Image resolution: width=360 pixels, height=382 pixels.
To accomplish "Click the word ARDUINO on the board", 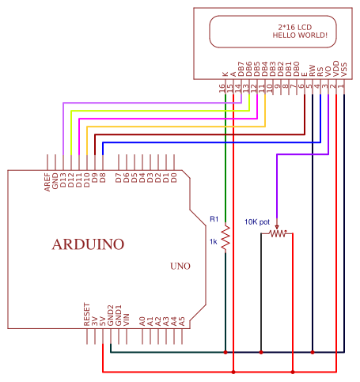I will [x=88, y=244].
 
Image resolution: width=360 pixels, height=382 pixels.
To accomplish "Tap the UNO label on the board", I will [x=180, y=267].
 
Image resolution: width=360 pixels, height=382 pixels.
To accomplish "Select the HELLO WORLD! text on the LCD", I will [x=299, y=36].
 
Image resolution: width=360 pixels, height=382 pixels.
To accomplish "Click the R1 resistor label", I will [x=214, y=218].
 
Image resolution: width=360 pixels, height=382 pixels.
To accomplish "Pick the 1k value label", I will [x=213, y=241].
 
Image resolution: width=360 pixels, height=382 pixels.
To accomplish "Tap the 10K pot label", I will [x=257, y=221].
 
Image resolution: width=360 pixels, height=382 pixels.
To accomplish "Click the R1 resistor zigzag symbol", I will [x=225, y=238].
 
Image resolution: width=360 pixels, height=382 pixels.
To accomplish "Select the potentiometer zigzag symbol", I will [x=276, y=233].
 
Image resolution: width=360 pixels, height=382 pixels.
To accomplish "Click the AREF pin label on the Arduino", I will [x=47, y=181].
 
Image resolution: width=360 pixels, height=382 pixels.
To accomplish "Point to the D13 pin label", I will [x=63, y=181].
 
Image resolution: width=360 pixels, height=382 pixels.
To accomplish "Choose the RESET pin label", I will [x=87, y=314].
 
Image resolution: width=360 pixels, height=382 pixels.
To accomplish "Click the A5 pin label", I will [x=182, y=320].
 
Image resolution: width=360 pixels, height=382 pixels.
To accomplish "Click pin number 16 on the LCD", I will [x=225, y=89].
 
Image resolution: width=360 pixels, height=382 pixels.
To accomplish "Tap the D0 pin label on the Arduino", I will [x=174, y=178].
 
